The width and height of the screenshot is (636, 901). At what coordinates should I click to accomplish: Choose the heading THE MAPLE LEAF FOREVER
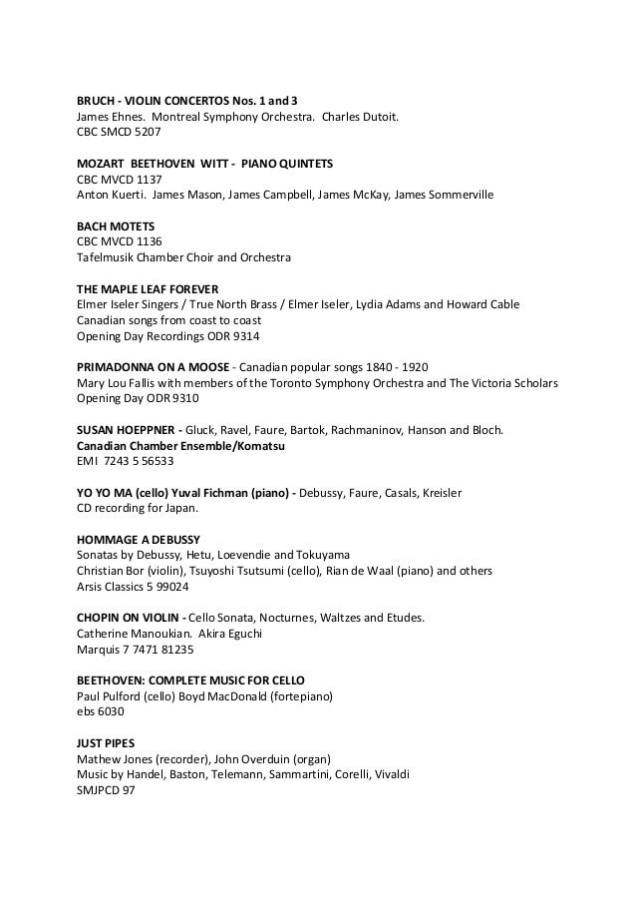coord(148,289)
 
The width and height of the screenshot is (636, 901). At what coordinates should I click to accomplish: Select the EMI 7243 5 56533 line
coord(126,461)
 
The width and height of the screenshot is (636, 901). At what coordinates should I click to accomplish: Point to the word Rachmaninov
coord(390,430)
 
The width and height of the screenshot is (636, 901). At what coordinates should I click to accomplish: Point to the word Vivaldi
coord(389,774)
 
